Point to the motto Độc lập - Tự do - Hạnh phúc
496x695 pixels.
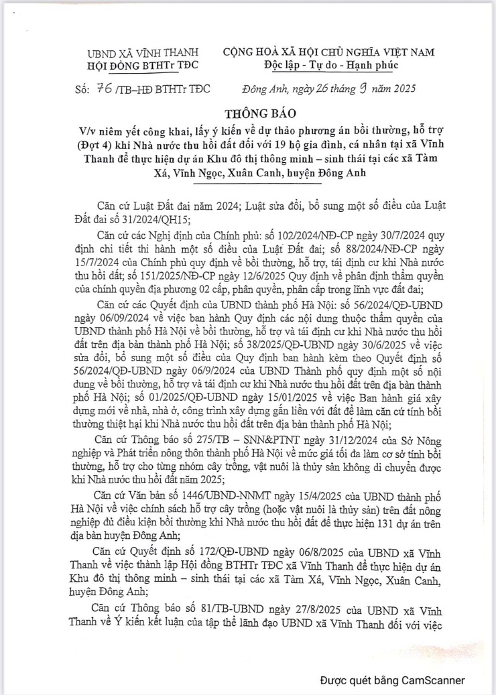coord(330,65)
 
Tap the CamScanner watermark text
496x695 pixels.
coord(391,680)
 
